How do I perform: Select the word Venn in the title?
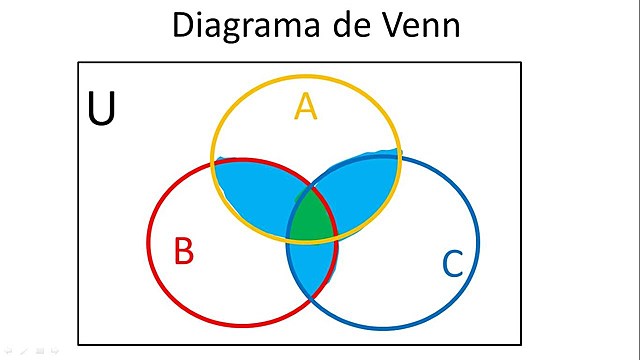418,24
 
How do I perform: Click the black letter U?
101,111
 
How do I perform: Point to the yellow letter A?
305,106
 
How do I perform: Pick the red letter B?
183,251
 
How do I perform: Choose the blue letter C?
452,265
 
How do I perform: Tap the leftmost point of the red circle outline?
148,241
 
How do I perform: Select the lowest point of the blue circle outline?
383,328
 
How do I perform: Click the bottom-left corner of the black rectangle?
79,344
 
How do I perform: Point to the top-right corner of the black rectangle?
521,63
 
